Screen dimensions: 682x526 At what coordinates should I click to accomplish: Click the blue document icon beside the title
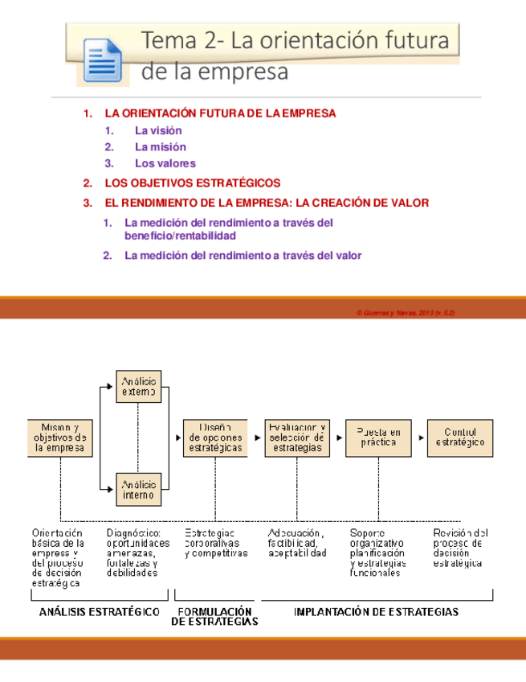101,60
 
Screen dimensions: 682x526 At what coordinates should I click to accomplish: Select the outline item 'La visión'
158,130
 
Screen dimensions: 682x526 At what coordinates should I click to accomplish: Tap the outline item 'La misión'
160,147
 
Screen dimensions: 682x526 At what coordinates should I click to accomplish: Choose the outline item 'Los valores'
165,164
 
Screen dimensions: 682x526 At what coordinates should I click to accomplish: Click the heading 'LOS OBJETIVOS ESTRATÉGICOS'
194,183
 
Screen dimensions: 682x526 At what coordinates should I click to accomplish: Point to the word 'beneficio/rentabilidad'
180,236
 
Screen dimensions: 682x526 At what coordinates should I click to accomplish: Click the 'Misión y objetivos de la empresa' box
60,438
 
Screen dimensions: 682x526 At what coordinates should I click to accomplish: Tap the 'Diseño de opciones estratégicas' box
212,438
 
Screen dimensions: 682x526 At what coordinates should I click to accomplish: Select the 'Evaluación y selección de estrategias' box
297,438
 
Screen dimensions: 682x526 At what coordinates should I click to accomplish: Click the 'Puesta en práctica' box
377,438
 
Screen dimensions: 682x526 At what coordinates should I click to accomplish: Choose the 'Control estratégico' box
460,438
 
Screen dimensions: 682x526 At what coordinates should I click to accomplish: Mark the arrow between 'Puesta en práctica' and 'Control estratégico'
419,438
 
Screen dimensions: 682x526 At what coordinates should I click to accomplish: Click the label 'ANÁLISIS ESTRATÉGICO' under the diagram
100,612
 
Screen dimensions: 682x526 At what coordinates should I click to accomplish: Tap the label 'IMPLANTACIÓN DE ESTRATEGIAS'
377,612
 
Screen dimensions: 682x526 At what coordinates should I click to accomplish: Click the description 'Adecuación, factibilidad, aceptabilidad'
297,544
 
